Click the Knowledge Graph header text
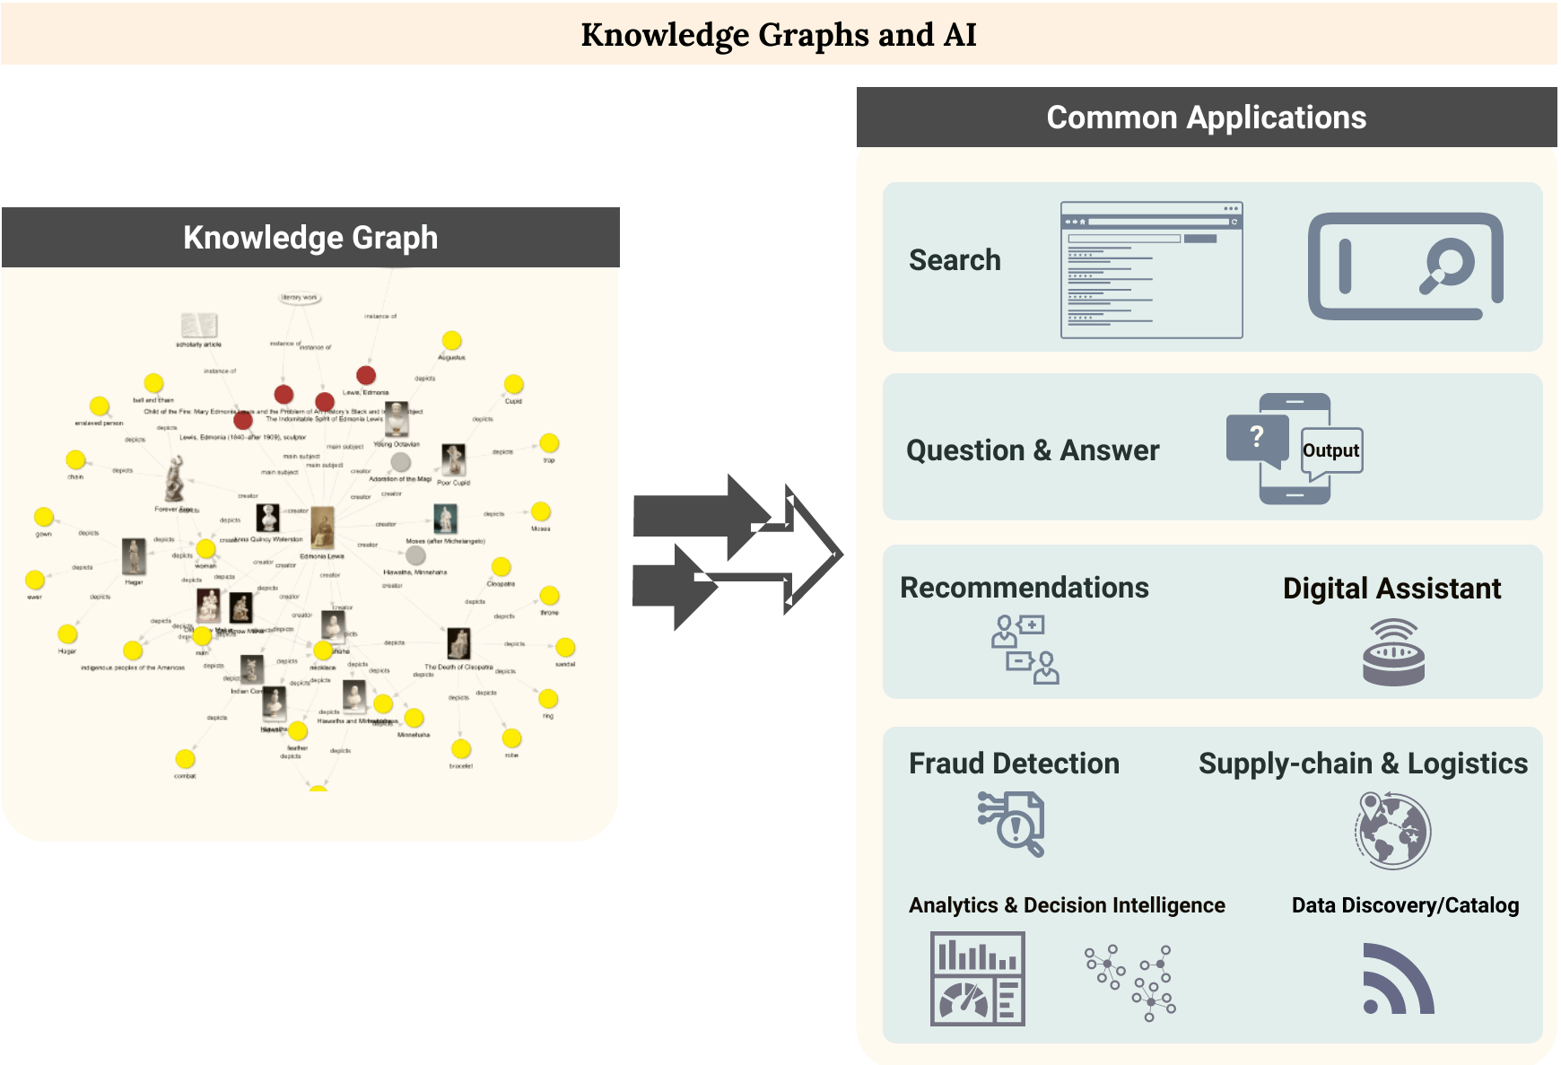[310, 238]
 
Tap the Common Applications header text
[1206, 118]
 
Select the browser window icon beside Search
[1151, 270]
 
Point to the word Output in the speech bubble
[1330, 450]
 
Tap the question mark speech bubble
[1257, 438]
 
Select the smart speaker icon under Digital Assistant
[1392, 652]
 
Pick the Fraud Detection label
[1014, 764]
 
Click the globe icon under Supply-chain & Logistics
[1393, 830]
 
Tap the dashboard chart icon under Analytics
[977, 979]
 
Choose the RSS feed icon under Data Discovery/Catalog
[1397, 979]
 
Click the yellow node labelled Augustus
[451, 340]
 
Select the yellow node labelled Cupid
[513, 384]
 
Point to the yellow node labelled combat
[185, 759]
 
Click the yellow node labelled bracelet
[461, 748]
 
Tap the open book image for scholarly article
[198, 325]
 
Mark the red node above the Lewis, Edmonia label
[365, 375]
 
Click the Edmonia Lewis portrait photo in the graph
[322, 528]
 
